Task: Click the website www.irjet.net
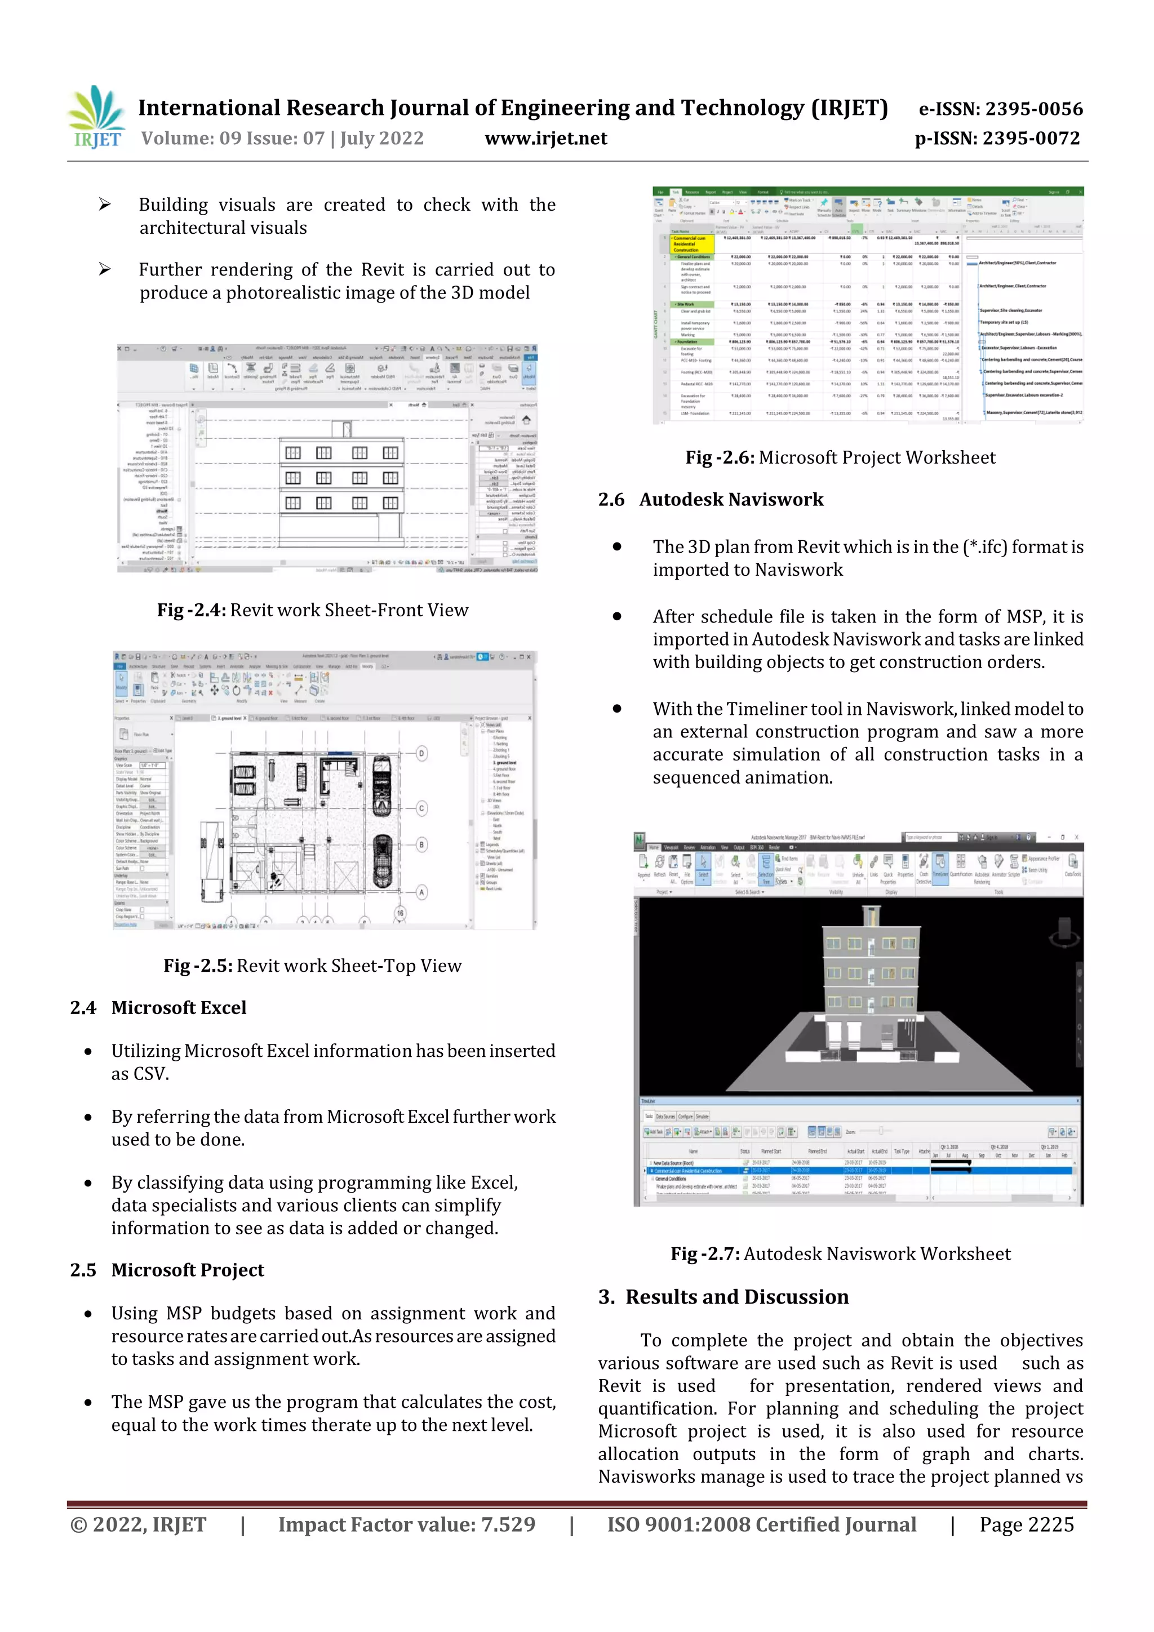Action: click(545, 139)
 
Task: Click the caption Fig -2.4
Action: click(312, 610)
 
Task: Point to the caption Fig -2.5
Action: click(312, 965)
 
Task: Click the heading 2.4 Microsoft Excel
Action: click(158, 1007)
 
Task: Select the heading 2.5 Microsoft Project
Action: click(167, 1270)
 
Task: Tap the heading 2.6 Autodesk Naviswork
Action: click(711, 500)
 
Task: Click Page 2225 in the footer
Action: click(1026, 1524)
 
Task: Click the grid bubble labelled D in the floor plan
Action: click(421, 753)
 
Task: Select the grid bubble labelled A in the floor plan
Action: click(421, 892)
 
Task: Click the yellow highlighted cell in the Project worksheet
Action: click(691, 244)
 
